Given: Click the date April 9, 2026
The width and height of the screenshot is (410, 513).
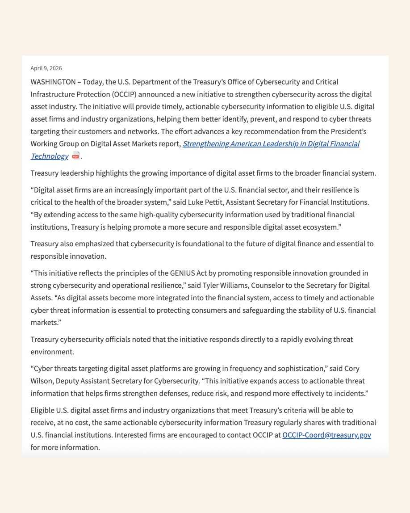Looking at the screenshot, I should (x=46, y=68).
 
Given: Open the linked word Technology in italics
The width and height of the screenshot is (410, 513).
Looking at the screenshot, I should (x=50, y=156).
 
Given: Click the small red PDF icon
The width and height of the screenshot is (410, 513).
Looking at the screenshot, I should (x=76, y=156).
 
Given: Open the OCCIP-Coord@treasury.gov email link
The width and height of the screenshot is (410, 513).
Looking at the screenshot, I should (x=326, y=435).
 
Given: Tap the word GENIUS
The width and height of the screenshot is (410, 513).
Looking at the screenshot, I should (x=182, y=273).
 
